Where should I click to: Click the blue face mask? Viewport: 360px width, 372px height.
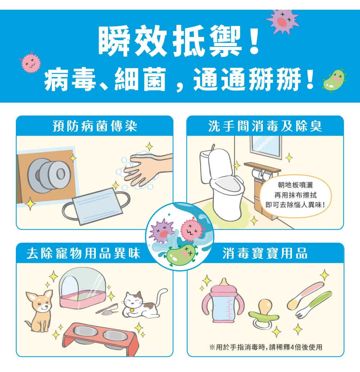pos(97,206)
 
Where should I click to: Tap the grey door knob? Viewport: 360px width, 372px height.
pos(49,176)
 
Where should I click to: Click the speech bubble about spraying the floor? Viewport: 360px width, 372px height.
pos(296,195)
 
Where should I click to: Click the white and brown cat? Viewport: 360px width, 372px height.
pos(142,304)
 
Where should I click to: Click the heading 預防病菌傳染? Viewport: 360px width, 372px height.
pos(95,126)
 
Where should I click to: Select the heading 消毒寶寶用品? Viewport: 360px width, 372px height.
pos(265,253)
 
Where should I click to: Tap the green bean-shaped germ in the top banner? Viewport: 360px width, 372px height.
pos(334,81)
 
